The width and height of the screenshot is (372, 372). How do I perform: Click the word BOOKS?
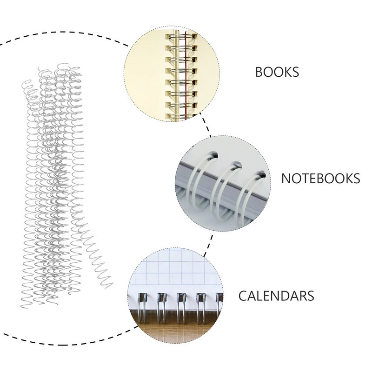(x=277, y=72)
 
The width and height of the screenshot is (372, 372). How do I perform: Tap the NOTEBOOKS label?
(x=320, y=178)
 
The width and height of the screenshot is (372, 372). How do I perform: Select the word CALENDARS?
(x=276, y=295)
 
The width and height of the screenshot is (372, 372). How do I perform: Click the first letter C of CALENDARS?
(x=243, y=295)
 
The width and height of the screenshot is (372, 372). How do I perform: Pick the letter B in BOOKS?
(x=259, y=72)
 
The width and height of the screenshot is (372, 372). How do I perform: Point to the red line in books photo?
(x=185, y=74)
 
